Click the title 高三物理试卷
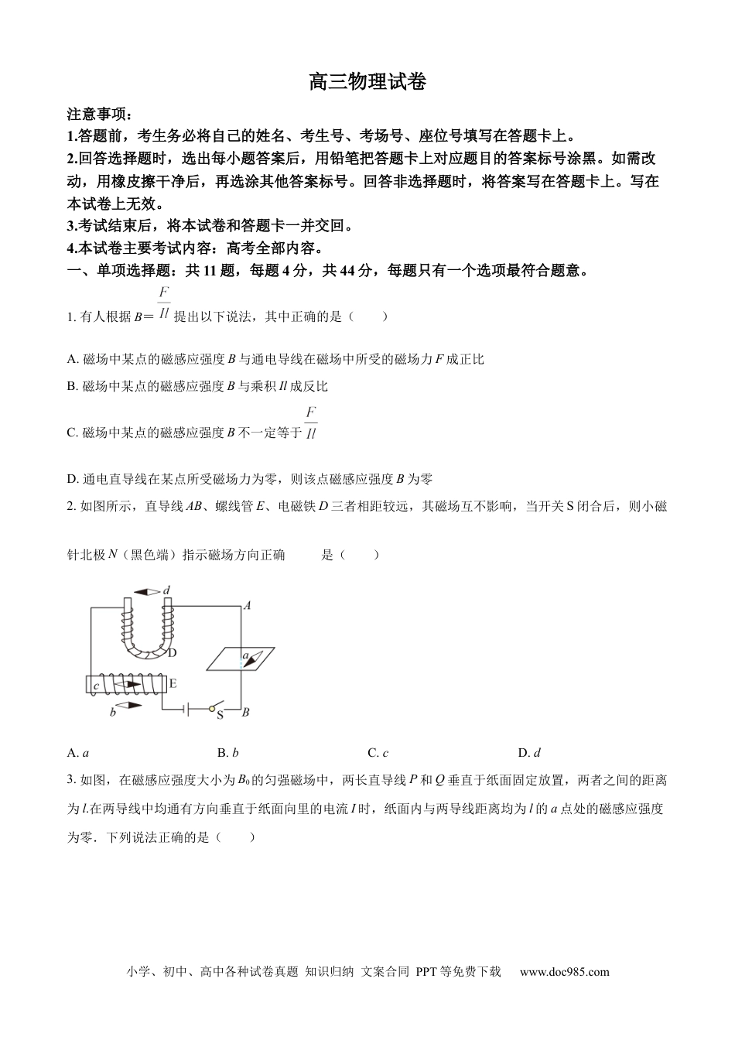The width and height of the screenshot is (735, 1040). click(367, 82)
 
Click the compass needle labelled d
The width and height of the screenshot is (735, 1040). click(148, 591)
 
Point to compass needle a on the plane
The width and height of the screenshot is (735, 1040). click(248, 659)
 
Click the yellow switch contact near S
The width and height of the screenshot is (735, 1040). click(211, 707)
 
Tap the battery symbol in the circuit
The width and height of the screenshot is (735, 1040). click(186, 707)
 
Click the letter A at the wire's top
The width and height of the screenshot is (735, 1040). click(247, 606)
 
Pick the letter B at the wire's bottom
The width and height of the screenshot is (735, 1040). click(245, 713)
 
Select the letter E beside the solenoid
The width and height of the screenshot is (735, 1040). click(173, 683)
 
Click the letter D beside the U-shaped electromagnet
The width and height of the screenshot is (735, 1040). click(172, 652)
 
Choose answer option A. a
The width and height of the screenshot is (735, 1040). click(78, 752)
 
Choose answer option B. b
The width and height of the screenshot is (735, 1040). click(227, 752)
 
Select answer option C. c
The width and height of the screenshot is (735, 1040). click(378, 752)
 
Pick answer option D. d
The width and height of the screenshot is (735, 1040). click(528, 752)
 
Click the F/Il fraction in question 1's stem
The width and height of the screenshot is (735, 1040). click(163, 303)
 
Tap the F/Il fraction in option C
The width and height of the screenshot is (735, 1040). click(311, 422)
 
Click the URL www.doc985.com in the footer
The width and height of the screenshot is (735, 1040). click(564, 972)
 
